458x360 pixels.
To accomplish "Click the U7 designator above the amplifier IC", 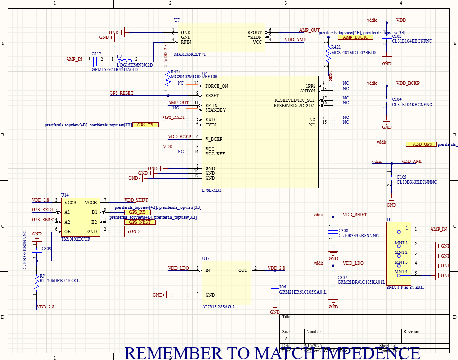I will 177,20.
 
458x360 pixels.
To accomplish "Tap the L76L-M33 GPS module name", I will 211,190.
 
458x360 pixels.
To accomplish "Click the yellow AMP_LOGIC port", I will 355,37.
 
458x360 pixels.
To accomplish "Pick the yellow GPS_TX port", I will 145,125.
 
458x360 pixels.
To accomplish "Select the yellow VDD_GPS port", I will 421,144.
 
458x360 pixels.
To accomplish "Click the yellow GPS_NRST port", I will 140,222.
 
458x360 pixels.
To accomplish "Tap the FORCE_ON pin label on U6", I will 216,86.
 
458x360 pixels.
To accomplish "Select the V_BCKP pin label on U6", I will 214,139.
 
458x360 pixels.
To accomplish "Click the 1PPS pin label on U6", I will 310,86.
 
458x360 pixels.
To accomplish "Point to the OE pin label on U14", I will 68,231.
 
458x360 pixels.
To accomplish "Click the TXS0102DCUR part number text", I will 75,239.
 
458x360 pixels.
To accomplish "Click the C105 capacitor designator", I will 401,176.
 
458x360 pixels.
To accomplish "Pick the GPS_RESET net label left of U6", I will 121,93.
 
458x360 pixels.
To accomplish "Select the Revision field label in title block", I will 411,332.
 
